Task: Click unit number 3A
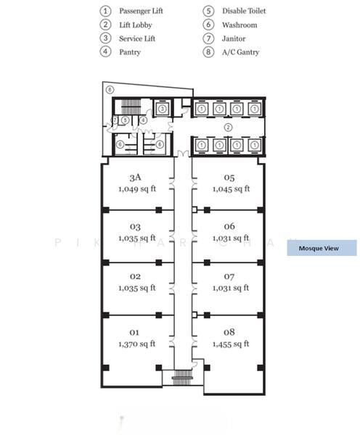tap(135, 178)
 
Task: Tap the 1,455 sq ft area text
tap(231, 344)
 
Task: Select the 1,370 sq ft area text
tap(136, 344)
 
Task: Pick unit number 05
tap(229, 178)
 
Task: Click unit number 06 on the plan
tap(229, 226)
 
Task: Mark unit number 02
tap(135, 276)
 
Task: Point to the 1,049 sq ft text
tap(136, 188)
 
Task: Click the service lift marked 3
tap(163, 109)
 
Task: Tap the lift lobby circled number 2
tap(228, 127)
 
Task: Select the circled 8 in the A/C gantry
tap(110, 90)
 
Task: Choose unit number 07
tap(229, 276)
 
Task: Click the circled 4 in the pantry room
tap(143, 120)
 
